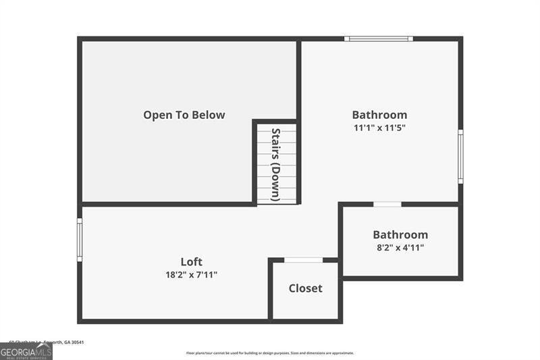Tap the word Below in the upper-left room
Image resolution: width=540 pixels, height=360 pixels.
208,115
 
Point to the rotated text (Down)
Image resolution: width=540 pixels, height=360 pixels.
275,180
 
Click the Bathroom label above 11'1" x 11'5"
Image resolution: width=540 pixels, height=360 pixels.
379,115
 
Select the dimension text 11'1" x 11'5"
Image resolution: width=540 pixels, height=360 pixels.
379,128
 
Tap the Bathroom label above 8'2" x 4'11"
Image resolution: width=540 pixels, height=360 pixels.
400,235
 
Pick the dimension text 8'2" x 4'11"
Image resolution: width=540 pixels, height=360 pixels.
400,248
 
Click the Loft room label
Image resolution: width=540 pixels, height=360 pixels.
191,262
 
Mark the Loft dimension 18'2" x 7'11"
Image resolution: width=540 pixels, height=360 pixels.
191,275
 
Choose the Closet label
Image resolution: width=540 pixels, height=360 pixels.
305,288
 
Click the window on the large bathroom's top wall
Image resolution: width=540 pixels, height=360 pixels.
378,39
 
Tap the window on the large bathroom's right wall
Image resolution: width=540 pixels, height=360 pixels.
460,157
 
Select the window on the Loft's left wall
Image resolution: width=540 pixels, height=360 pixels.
80,239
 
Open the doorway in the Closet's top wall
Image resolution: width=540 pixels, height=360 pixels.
303,260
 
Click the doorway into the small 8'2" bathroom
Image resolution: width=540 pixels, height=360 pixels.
387,204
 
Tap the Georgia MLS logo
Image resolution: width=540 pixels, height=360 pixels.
26,351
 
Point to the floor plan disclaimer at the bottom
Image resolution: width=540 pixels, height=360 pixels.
270,353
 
